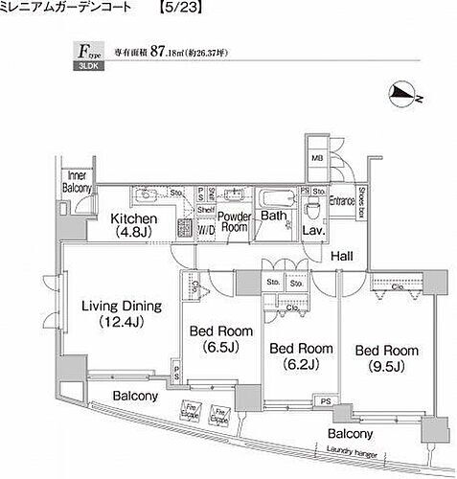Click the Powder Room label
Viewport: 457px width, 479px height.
[235, 223]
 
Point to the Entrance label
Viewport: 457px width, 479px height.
[343, 201]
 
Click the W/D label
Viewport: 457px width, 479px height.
[206, 231]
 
